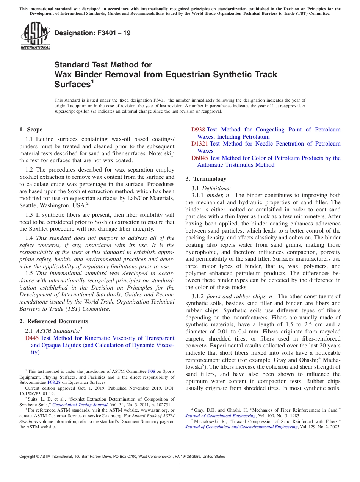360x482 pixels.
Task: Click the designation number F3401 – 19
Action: coord(92,33)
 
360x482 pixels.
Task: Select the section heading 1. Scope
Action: coord(31,130)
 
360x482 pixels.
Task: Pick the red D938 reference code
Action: coord(198,130)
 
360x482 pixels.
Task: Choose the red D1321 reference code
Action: coord(200,144)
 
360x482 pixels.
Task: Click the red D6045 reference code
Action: coord(200,158)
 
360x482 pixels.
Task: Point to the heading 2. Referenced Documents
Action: coord(48,321)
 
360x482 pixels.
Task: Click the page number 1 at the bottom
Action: coord(180,466)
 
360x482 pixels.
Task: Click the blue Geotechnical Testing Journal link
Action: coord(75,405)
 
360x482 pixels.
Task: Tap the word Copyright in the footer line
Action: coord(29,457)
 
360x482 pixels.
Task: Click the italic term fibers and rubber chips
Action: coord(239,296)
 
